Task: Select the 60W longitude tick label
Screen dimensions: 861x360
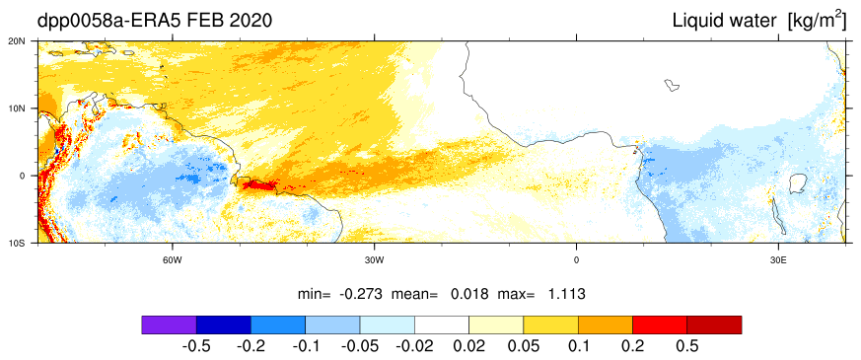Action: tap(173, 258)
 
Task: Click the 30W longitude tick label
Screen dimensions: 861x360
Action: tap(375, 258)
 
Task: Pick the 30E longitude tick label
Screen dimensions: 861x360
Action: tap(778, 258)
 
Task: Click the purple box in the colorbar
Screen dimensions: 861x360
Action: tap(169, 324)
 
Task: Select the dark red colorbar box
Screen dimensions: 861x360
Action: tap(714, 324)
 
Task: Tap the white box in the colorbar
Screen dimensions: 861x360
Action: tap(442, 324)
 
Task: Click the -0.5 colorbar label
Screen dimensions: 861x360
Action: tap(196, 346)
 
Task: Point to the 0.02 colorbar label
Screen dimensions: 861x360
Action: tap(468, 346)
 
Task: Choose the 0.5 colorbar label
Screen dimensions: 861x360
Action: tap(687, 346)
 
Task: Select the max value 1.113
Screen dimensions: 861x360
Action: tap(567, 294)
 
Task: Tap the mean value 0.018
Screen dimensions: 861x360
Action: tap(469, 294)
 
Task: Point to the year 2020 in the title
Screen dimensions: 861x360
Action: tap(250, 21)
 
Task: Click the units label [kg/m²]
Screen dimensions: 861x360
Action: tap(817, 21)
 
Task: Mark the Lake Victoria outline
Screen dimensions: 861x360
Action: tap(797, 183)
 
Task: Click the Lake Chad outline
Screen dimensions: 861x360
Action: tap(673, 85)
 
